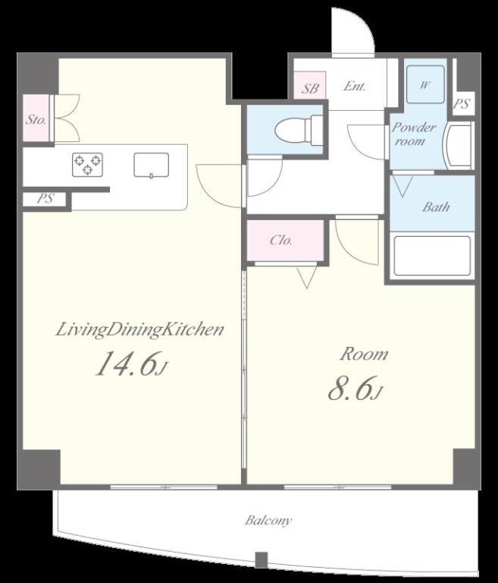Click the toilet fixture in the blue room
coord(298,130)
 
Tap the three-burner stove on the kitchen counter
coord(87,164)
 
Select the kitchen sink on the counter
coord(151,165)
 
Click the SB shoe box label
coord(310,89)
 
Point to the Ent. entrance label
coord(354,87)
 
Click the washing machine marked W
coord(425,84)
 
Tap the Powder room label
coord(413,134)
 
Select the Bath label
coord(436,206)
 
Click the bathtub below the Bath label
coord(432,256)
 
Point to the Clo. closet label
coord(281,240)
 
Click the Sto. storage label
coord(36,120)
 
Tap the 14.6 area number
coord(132,364)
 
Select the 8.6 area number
coord(355,388)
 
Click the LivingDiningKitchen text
coord(139,330)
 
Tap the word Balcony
coord(268,520)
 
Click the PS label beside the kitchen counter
coord(45,199)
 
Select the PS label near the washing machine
coord(461,104)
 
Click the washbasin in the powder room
coord(459,146)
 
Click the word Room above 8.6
coord(365,354)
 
